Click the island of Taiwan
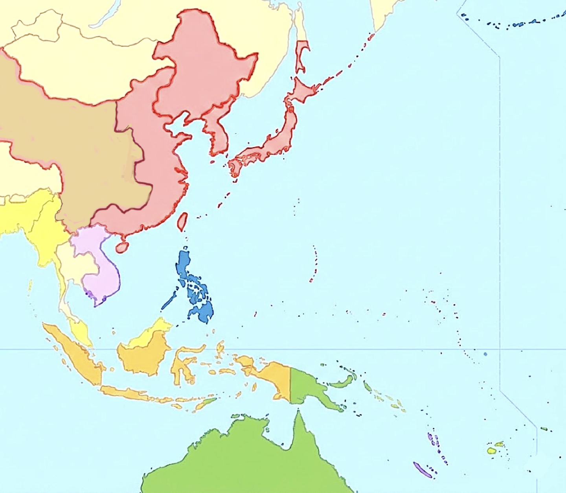tap(182, 222)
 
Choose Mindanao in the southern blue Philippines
tap(203, 311)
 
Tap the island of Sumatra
tap(75, 355)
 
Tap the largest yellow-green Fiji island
tap(491, 451)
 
